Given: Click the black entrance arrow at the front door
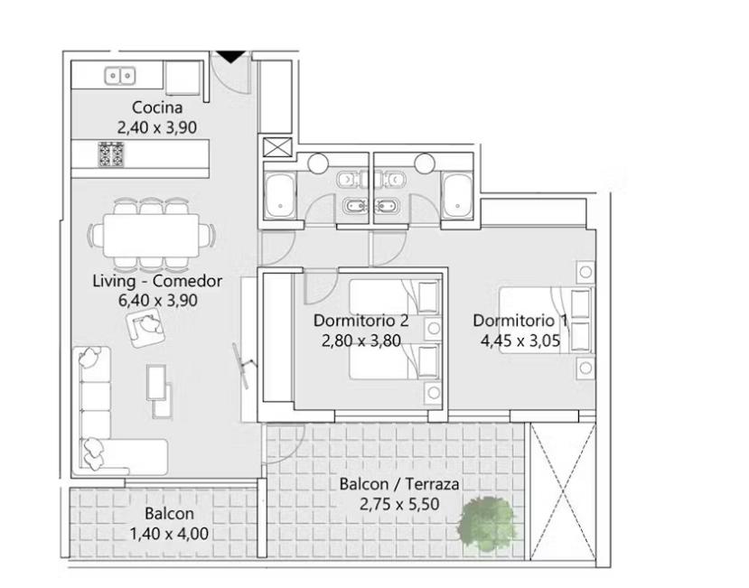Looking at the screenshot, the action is (x=231, y=56).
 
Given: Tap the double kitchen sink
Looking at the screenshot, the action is (x=120, y=76).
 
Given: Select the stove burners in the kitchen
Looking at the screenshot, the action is (x=111, y=154).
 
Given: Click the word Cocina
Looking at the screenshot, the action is (x=157, y=107).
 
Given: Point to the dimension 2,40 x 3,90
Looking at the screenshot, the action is (x=157, y=127).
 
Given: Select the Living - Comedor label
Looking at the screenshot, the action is (x=157, y=281).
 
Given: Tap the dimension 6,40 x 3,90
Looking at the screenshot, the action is (x=157, y=301).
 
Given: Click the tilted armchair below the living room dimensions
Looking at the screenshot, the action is (x=145, y=328).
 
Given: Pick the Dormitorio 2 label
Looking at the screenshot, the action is (x=360, y=321).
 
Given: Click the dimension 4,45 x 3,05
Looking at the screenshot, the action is (x=520, y=341).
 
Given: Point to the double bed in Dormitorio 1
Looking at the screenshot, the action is (x=546, y=320).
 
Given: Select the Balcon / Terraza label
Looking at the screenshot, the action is (x=399, y=484).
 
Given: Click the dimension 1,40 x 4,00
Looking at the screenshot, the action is (x=169, y=534).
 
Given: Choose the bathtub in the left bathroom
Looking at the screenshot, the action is (x=280, y=195).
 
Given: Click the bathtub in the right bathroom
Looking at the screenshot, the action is (x=457, y=195).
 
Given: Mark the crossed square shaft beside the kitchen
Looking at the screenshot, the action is (x=277, y=147).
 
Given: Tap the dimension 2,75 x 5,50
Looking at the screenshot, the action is (x=399, y=504).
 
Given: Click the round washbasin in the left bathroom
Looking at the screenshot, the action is (x=318, y=163).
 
